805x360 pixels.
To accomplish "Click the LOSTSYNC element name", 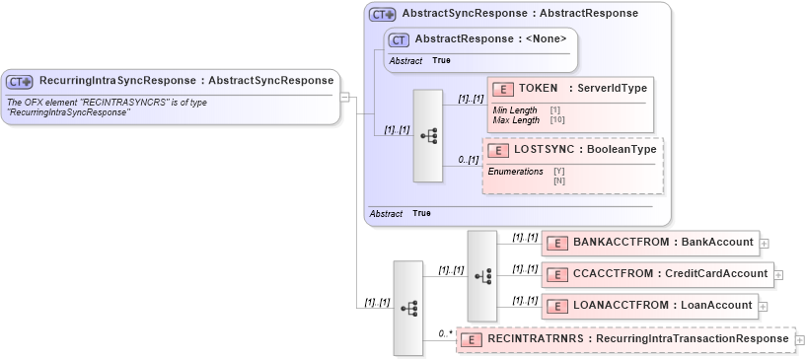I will click(x=572, y=150).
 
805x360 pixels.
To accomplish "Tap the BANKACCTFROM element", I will click(x=650, y=242).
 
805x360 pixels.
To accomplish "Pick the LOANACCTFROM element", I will click(x=650, y=305).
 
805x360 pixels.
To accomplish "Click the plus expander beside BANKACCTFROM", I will click(x=765, y=243).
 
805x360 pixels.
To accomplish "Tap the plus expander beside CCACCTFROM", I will click(x=781, y=274).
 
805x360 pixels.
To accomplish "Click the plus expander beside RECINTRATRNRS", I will click(x=799, y=339).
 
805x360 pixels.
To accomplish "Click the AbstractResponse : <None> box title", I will click(x=490, y=39).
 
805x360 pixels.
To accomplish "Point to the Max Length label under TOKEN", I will click(x=516, y=120).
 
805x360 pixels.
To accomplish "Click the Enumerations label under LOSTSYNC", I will click(x=519, y=172).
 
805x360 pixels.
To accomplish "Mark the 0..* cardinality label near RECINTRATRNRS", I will click(x=445, y=333).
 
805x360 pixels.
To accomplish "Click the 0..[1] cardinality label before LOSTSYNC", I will click(x=468, y=160).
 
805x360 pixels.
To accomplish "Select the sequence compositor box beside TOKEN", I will click(x=428, y=136).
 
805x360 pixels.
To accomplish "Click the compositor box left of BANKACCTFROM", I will click(x=481, y=275).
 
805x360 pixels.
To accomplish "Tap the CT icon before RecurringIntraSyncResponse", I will click(x=21, y=82).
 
